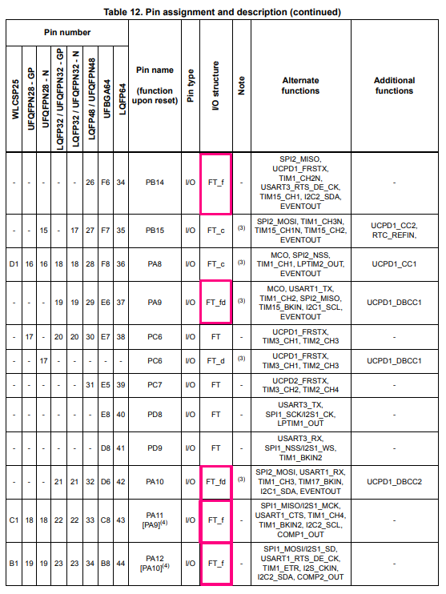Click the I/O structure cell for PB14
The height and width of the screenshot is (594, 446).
(x=215, y=183)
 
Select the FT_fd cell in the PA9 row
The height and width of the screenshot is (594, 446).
(x=215, y=302)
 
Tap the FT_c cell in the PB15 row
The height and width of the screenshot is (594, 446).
(x=215, y=230)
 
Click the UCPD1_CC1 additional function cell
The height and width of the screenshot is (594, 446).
(x=394, y=263)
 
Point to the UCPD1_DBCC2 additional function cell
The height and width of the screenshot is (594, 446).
(x=394, y=482)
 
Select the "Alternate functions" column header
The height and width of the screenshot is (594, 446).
(x=300, y=86)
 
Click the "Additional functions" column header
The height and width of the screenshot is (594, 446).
(x=394, y=86)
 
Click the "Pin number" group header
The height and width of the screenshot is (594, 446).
(x=67, y=32)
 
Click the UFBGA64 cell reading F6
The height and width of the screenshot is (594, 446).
(x=106, y=183)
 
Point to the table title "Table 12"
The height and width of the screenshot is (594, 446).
(x=222, y=11)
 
